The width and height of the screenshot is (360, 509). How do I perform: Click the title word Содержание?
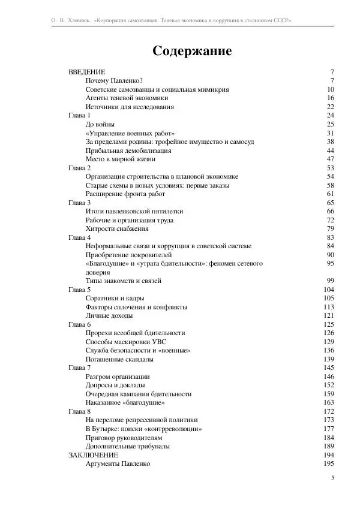point(192,51)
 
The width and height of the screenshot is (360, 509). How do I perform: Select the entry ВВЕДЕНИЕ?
point(87,72)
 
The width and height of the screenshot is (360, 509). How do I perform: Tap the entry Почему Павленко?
point(114,80)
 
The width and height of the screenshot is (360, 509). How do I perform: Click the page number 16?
point(330,98)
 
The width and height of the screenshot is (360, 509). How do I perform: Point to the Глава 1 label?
point(80,115)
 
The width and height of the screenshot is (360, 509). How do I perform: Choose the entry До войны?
point(100,124)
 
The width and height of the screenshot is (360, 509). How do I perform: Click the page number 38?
point(330,141)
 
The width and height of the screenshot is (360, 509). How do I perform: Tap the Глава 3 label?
point(80,203)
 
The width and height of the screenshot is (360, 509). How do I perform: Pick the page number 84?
point(330,246)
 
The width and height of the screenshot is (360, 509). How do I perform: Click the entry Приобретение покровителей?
point(129,255)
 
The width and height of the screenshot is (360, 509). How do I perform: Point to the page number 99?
point(330,281)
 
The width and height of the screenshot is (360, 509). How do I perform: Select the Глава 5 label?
point(80,290)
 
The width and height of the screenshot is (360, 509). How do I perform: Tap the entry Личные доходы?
point(109,315)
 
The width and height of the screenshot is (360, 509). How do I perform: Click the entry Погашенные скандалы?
point(119,359)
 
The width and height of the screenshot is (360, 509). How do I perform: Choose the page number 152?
point(329,385)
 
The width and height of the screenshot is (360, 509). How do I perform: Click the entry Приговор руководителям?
point(124,438)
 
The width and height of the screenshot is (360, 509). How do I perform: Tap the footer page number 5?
point(332,478)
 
